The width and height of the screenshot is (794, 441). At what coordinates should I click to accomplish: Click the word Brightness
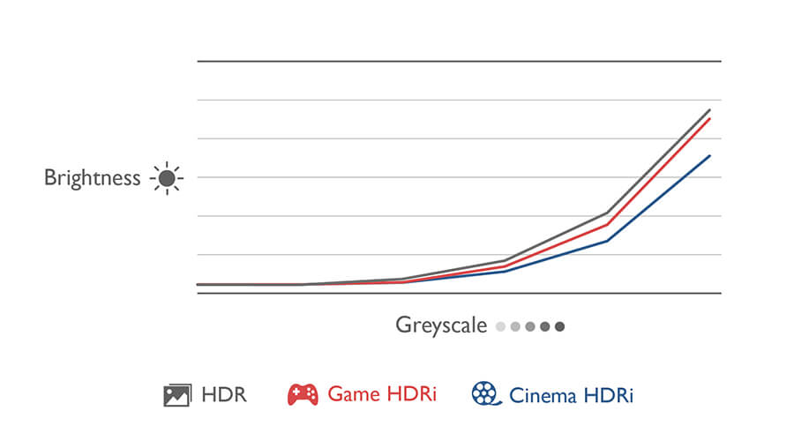(x=92, y=178)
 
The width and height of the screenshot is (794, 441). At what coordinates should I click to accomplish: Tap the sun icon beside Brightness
(x=166, y=178)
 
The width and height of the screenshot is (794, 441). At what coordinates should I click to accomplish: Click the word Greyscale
(x=440, y=325)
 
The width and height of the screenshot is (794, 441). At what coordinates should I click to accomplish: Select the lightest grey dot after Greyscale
(x=500, y=326)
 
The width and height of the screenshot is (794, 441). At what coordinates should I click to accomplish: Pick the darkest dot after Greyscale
(x=559, y=326)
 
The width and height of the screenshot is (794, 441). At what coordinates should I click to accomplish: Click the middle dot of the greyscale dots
(x=529, y=326)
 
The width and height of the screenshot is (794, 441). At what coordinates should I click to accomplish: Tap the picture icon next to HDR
(x=176, y=394)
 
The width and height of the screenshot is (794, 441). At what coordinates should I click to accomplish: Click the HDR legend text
(x=224, y=394)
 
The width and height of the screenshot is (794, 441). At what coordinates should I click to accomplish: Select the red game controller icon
(x=303, y=394)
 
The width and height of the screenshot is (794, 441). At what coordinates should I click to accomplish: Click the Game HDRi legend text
(x=381, y=394)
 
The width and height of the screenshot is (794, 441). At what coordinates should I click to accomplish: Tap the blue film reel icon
(x=484, y=393)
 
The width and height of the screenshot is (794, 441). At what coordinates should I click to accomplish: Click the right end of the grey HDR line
(x=710, y=110)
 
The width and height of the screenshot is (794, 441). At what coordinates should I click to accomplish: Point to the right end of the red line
(x=710, y=118)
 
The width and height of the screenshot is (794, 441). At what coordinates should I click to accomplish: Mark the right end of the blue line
(x=710, y=155)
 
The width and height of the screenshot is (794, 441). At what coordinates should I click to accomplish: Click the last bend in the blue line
(x=607, y=241)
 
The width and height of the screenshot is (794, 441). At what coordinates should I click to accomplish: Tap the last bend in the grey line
(x=607, y=213)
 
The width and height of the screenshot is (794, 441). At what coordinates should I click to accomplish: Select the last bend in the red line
(x=607, y=225)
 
